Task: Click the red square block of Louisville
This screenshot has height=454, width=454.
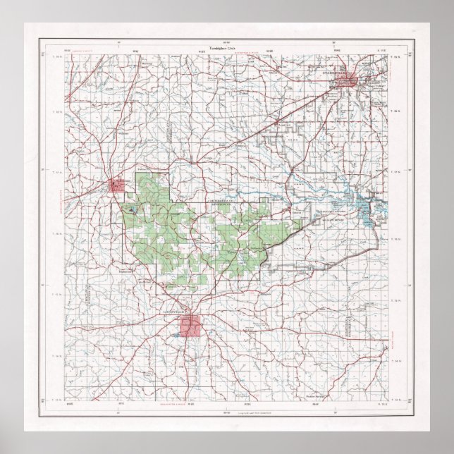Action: click(190, 326)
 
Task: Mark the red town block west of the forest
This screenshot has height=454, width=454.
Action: click(117, 185)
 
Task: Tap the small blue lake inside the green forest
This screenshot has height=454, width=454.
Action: click(131, 209)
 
